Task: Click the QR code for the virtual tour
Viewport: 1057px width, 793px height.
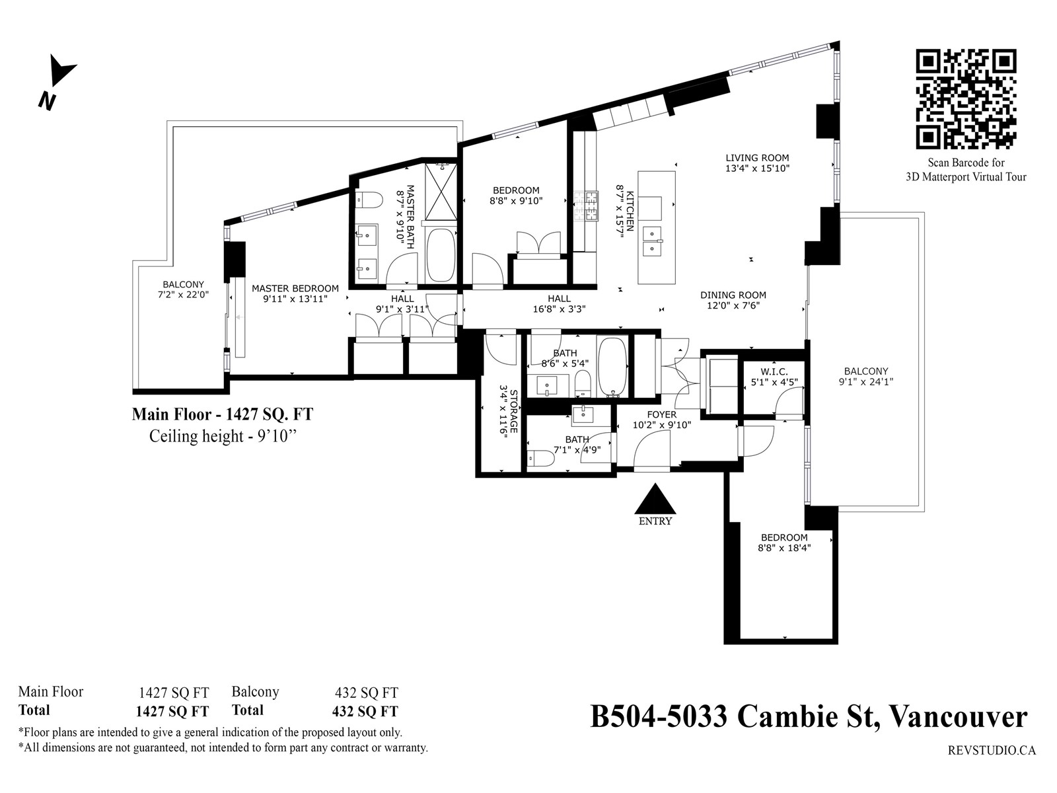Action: click(966, 99)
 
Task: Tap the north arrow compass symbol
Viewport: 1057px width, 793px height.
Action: click(57, 82)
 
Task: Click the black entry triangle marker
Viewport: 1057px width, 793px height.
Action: click(655, 499)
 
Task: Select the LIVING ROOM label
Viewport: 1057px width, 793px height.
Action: click(757, 157)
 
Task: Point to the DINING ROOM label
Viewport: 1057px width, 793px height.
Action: click(733, 295)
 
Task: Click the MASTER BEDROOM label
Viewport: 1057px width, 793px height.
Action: click(295, 288)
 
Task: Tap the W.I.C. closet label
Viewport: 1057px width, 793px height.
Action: click(774, 371)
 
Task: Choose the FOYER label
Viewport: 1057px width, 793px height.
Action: click(662, 414)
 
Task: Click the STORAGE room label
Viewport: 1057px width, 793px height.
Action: click(513, 411)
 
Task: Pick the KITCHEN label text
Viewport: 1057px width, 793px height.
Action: click(630, 210)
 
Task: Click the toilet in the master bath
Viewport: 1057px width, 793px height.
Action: click(369, 199)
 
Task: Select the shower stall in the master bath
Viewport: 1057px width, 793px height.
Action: click(441, 192)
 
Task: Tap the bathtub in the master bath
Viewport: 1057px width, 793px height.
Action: click(441, 254)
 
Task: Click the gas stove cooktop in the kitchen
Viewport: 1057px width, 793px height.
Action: click(585, 206)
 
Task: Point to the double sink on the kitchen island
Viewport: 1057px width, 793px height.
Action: click(653, 241)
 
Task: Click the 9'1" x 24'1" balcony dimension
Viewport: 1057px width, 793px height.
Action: click(865, 382)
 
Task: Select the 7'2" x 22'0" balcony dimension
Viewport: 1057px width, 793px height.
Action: click(183, 295)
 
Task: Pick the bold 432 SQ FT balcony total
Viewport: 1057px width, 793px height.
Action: click(365, 711)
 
